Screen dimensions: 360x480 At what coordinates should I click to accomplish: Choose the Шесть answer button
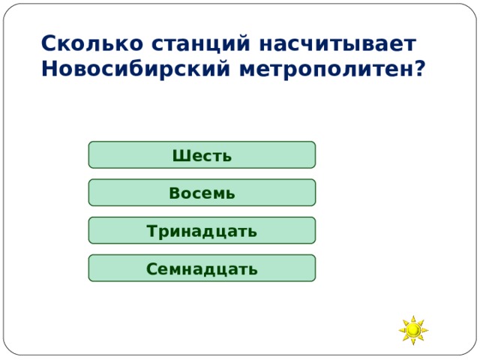(202, 155)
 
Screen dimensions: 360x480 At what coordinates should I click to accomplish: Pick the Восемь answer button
(202, 193)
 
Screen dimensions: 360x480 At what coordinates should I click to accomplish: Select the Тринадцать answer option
(202, 230)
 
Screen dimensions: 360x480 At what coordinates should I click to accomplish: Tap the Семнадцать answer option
(202, 268)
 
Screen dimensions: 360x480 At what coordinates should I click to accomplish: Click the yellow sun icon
(413, 330)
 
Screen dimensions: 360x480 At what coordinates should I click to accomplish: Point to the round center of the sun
(413, 330)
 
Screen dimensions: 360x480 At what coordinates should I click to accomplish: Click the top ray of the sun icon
(413, 318)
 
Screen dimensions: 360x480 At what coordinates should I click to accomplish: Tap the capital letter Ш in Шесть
(178, 156)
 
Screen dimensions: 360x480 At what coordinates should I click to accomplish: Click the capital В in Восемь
(174, 193)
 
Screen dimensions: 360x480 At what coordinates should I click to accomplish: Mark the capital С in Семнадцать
(152, 268)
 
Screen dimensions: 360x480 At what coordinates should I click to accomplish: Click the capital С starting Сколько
(48, 43)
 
